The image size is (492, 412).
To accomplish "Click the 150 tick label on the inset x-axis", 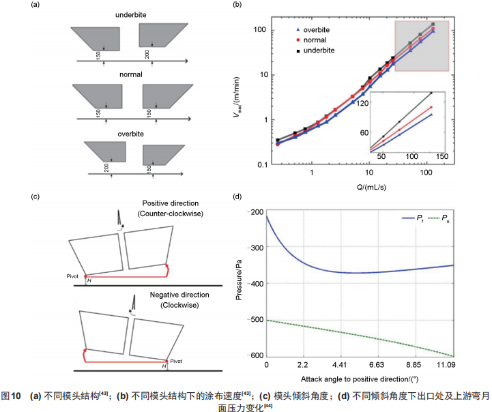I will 442,158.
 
